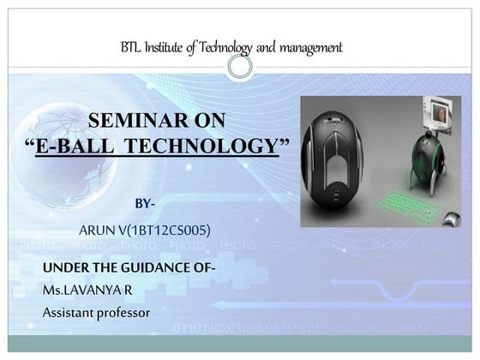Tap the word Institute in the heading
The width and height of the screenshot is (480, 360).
tap(170, 47)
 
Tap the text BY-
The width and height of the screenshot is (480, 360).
tap(145, 203)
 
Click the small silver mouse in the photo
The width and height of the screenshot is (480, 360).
tap(449, 219)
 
